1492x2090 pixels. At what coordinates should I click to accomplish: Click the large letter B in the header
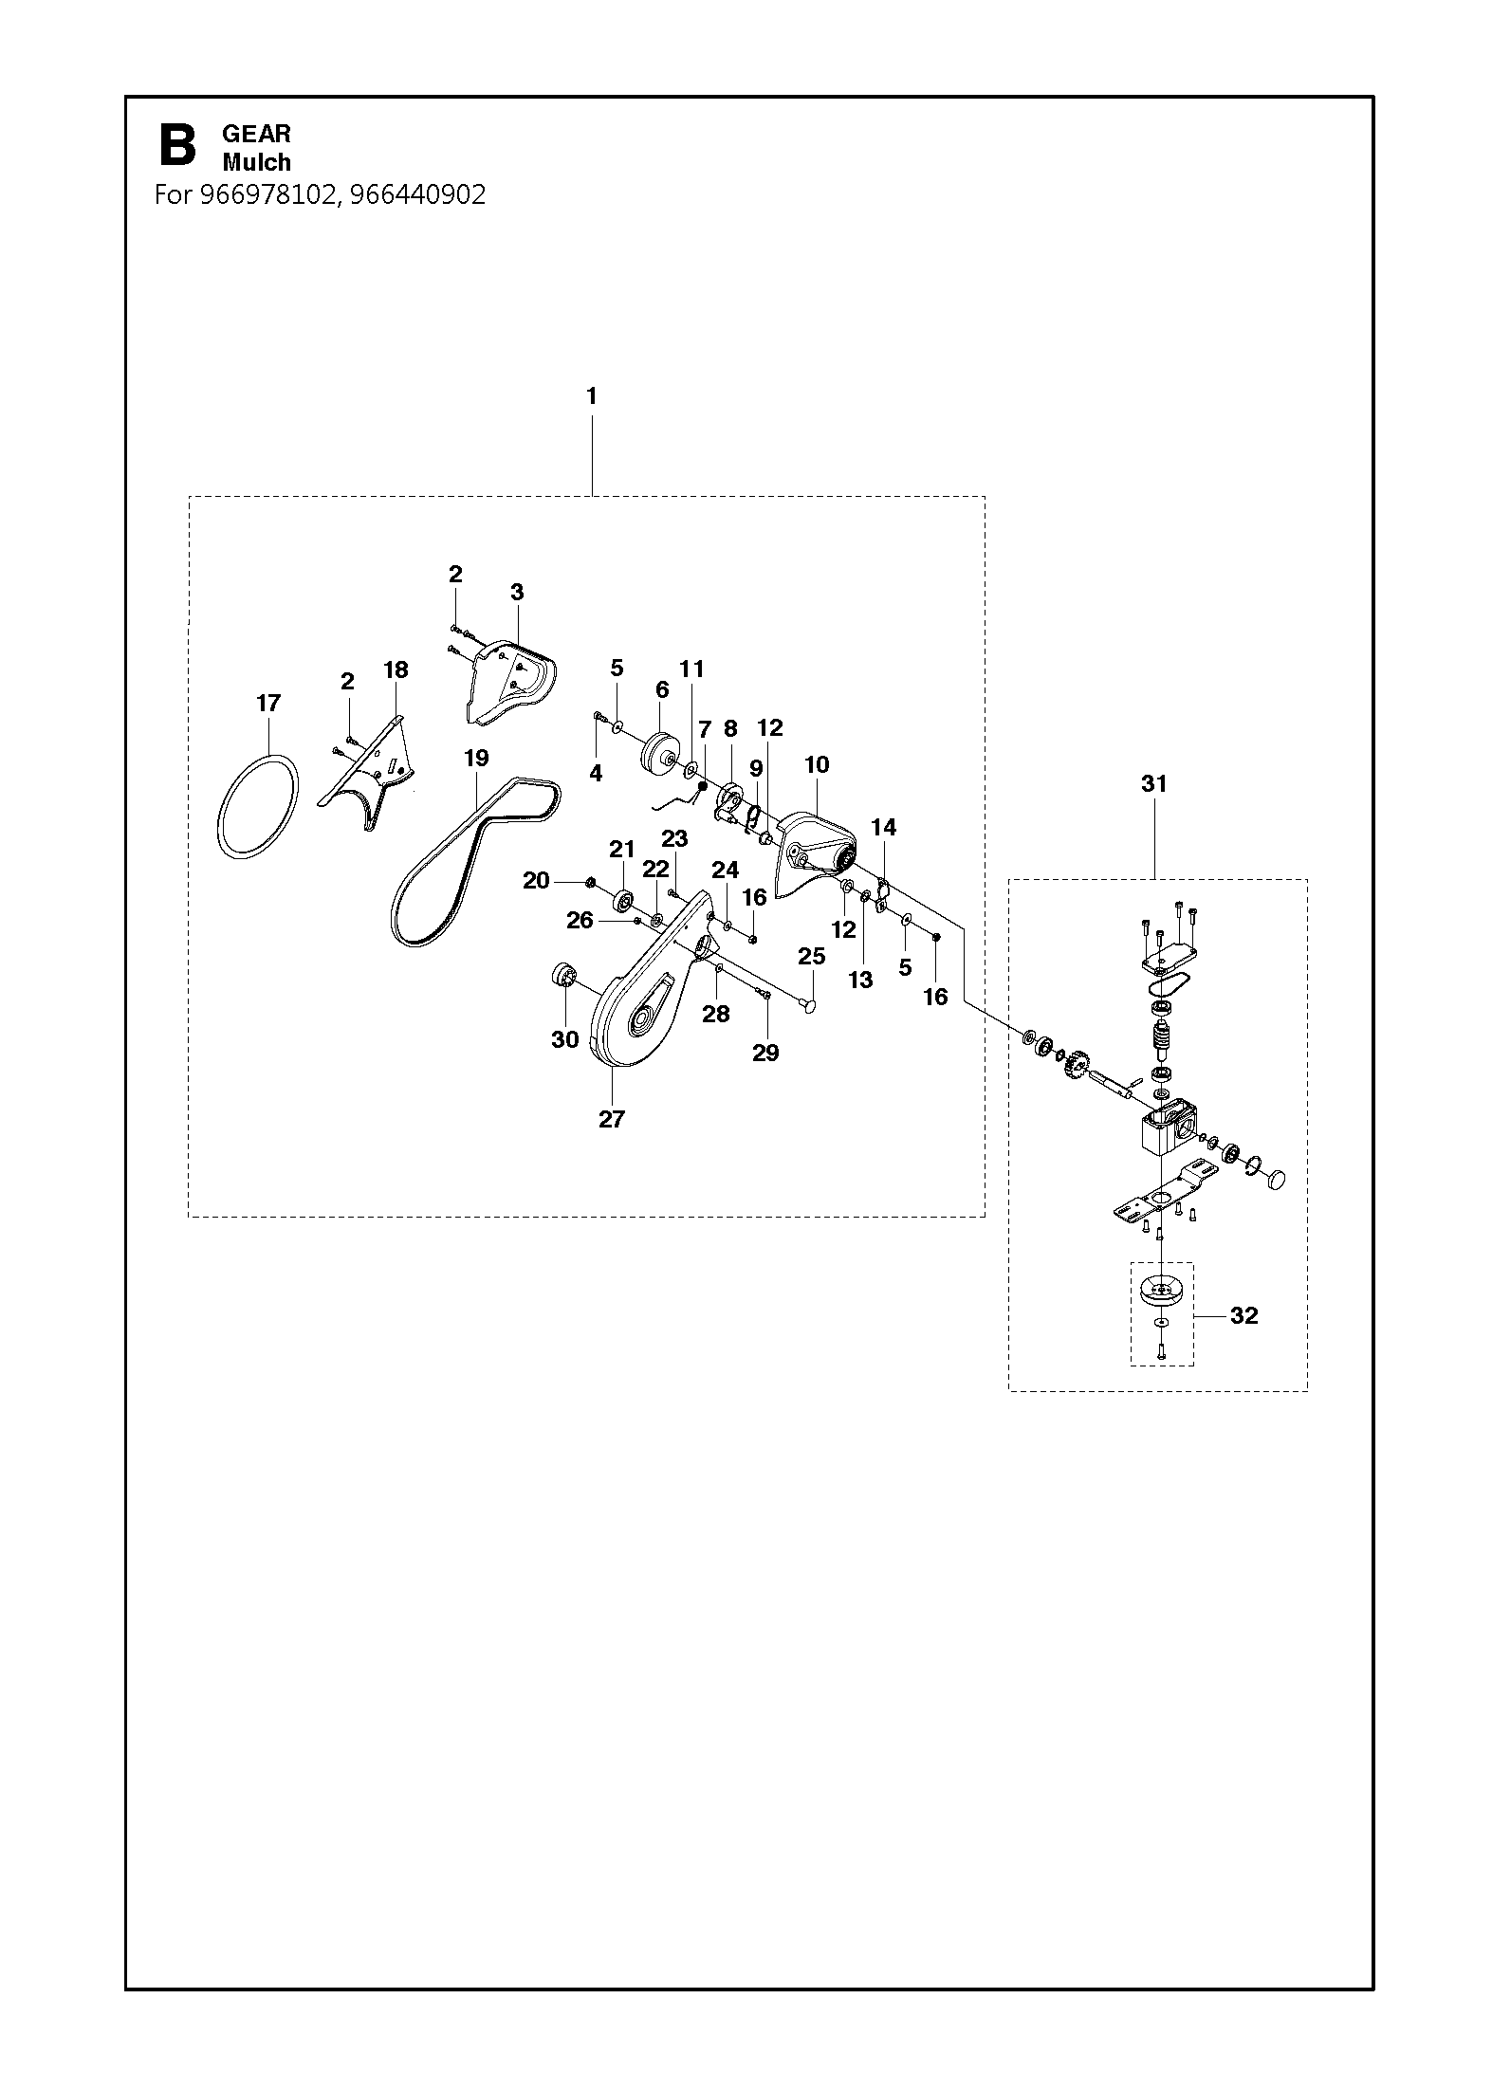tap(177, 147)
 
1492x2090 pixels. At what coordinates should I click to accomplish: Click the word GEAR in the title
tap(256, 134)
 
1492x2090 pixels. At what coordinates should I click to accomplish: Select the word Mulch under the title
tap(256, 162)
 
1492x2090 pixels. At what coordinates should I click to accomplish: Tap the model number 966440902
tap(417, 194)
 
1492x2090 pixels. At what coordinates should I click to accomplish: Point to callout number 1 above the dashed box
tap(592, 396)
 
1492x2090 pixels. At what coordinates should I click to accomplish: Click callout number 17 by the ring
tap(268, 703)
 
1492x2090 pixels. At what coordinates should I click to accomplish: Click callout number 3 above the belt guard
tap(517, 592)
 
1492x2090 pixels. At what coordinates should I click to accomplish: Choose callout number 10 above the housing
tap(817, 764)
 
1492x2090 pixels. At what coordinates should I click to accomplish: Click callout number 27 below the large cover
tap(612, 1119)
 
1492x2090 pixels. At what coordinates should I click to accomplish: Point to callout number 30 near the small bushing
tap(565, 1039)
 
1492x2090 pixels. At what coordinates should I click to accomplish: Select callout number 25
tap(812, 957)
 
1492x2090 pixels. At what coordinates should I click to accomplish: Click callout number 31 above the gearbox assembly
tap(1154, 783)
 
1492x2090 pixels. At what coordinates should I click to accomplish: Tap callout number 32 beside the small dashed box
tap(1243, 1315)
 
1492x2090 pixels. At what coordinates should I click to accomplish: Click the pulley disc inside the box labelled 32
tap(1160, 1293)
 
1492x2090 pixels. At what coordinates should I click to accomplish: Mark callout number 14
tap(883, 827)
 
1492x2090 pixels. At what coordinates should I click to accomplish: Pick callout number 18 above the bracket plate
tap(396, 669)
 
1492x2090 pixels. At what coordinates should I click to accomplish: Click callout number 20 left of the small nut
tap(536, 881)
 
